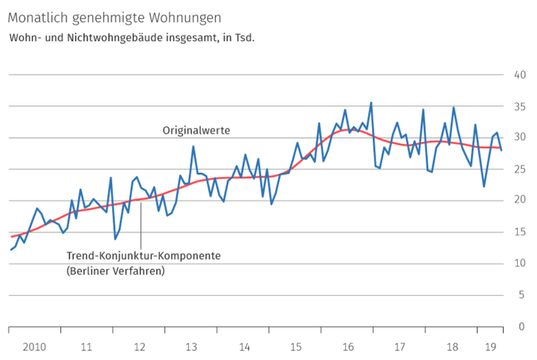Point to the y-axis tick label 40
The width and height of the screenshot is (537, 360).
[x=519, y=75]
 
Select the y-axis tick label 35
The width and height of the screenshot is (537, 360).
[x=519, y=106]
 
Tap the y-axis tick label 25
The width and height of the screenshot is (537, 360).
[x=519, y=169]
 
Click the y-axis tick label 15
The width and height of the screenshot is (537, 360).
[x=519, y=232]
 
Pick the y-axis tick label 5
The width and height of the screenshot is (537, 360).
[x=522, y=295]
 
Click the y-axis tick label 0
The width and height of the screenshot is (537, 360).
[x=522, y=326]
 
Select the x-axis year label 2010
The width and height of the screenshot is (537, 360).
[x=34, y=346]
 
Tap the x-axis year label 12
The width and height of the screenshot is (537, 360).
[x=139, y=346]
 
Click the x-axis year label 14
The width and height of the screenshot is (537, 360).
[x=244, y=346]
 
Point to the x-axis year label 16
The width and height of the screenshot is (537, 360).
[x=349, y=346]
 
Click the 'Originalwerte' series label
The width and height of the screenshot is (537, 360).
[x=196, y=130]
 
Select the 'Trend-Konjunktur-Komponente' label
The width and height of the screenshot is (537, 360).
[x=144, y=256]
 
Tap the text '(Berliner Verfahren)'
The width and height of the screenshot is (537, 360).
[x=115, y=271]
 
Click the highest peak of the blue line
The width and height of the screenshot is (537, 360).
[x=371, y=103]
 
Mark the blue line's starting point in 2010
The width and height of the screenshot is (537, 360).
[x=11, y=249]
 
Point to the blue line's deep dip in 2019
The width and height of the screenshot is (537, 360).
[x=484, y=186]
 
